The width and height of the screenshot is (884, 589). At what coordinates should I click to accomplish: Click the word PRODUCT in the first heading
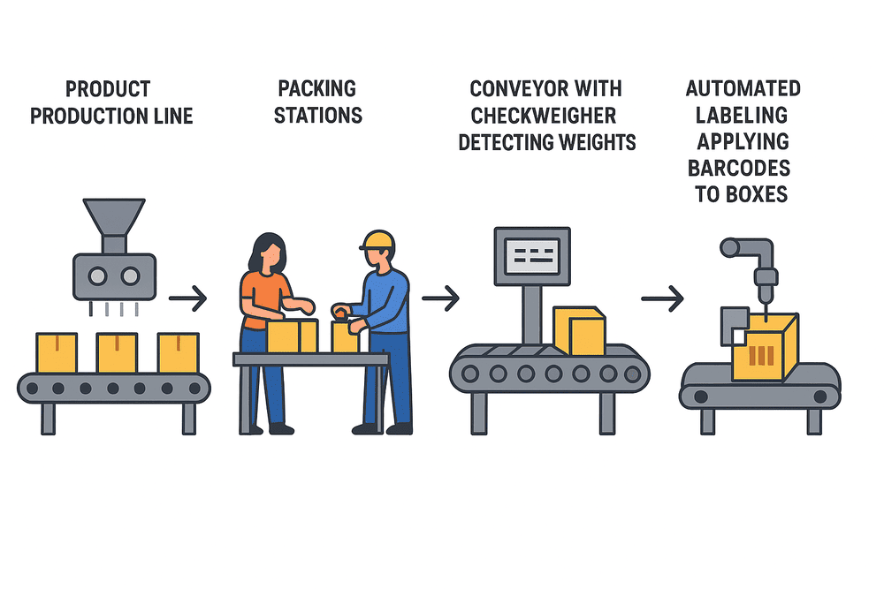click(x=107, y=89)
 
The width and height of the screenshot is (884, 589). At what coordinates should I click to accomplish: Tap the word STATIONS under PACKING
click(x=317, y=116)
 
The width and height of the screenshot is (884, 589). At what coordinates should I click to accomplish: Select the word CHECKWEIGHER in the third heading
click(x=544, y=116)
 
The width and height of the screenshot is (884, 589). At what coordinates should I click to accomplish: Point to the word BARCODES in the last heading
click(x=743, y=168)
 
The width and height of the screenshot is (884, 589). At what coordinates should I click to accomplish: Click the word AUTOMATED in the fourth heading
click(x=743, y=88)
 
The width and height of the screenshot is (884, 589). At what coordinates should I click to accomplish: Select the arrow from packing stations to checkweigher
click(x=440, y=299)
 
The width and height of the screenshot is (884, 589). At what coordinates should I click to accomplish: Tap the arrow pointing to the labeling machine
click(x=662, y=299)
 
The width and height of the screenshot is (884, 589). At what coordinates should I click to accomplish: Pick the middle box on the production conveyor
click(x=117, y=351)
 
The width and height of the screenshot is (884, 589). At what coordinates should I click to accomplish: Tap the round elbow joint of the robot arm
click(x=730, y=247)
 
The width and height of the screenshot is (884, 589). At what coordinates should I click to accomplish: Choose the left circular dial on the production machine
click(x=98, y=276)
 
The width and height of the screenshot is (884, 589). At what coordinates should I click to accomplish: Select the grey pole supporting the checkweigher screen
click(x=531, y=313)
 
